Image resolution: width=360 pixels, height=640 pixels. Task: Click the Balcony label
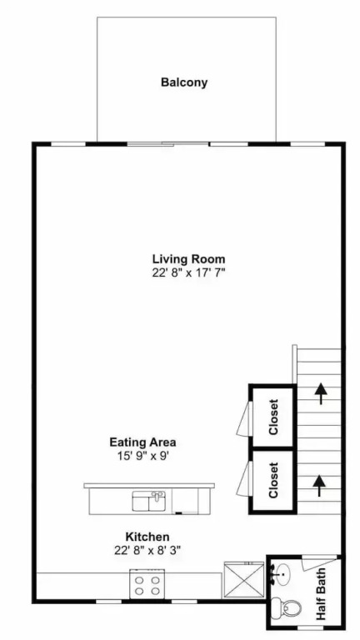click(184, 82)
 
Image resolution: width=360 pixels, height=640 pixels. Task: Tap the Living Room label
click(188, 259)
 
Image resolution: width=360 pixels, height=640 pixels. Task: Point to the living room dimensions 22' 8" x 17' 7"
click(188, 272)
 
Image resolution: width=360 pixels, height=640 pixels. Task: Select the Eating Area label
click(142, 442)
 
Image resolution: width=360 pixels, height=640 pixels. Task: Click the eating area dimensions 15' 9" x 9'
click(142, 456)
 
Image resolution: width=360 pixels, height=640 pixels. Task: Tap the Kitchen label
click(147, 537)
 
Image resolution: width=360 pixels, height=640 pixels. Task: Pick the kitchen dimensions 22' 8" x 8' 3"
click(147, 550)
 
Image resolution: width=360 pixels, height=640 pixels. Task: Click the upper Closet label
click(273, 417)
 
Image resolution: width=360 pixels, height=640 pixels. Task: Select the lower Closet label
click(273, 480)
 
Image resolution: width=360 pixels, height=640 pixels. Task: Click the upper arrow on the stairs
click(321, 393)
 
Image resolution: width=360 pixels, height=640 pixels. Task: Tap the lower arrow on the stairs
click(319, 486)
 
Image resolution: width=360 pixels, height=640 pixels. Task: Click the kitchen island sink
click(149, 501)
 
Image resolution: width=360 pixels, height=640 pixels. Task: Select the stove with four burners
click(147, 584)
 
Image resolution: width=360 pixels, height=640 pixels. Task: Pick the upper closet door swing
click(244, 418)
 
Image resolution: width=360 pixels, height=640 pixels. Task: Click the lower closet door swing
click(244, 480)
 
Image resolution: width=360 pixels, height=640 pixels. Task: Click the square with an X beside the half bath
click(244, 580)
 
